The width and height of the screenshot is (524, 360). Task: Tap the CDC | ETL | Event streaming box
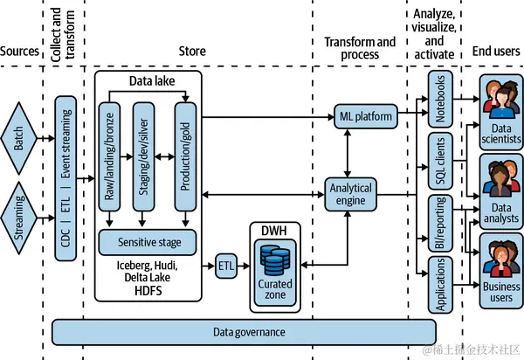(65, 178)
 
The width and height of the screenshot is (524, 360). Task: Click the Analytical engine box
(349, 195)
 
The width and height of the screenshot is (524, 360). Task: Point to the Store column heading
(191, 52)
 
